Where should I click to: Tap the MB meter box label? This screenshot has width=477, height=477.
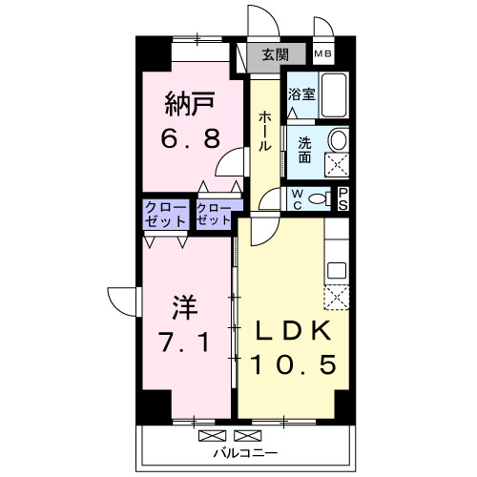click(x=324, y=55)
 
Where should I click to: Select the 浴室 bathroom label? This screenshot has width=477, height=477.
click(x=301, y=94)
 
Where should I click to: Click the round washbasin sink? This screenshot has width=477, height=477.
click(x=338, y=139)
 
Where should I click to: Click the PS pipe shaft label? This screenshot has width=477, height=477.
click(x=344, y=198)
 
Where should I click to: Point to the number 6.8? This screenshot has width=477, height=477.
click(x=189, y=137)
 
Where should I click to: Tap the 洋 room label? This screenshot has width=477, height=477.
click(x=185, y=307)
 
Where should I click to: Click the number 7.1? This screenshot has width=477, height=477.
click(x=186, y=341)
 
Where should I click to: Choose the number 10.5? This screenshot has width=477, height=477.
click(x=293, y=364)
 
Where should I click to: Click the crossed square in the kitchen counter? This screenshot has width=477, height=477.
click(x=337, y=299)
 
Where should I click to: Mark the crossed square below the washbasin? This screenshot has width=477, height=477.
click(x=337, y=164)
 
